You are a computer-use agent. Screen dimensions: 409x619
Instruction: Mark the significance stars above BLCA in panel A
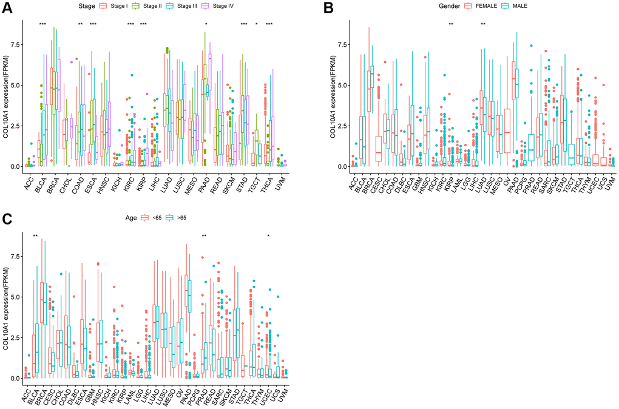(x=42, y=24)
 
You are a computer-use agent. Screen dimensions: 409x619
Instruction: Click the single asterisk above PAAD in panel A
(x=206, y=24)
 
